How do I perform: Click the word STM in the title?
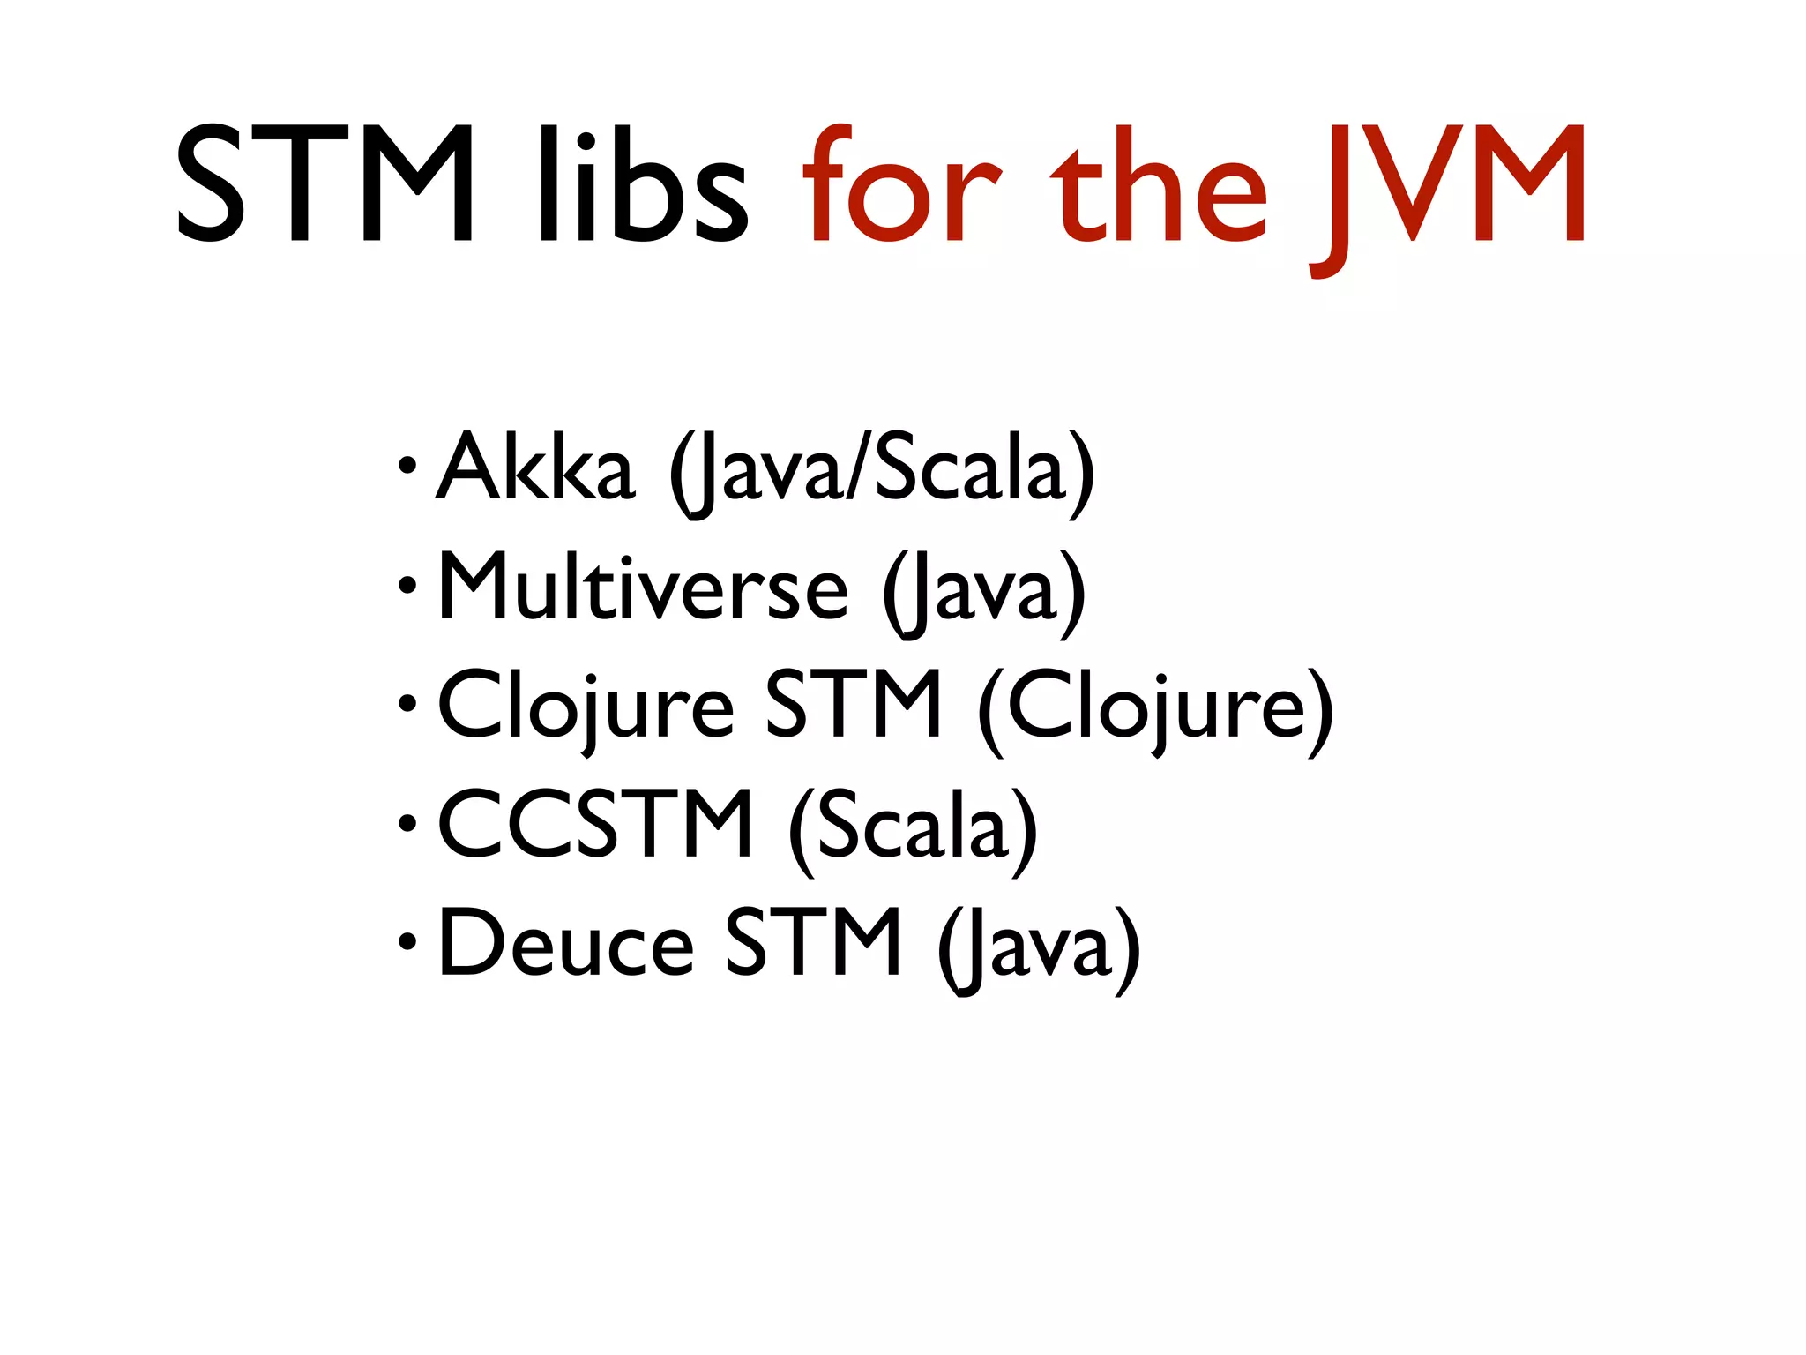click(325, 183)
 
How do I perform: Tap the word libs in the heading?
click(642, 183)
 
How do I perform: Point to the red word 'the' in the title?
click(1158, 183)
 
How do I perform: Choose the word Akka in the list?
click(535, 468)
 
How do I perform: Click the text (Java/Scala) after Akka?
click(881, 472)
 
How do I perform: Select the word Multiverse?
click(643, 587)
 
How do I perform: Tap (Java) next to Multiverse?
click(984, 591)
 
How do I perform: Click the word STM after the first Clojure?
click(853, 706)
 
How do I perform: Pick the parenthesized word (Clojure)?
click(1155, 710)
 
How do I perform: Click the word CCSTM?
click(595, 825)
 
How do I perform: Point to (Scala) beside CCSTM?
click(913, 829)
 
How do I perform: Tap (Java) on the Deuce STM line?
click(1039, 948)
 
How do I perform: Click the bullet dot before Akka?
click(407, 465)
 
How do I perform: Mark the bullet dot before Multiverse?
click(407, 584)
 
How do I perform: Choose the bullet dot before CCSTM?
click(407, 824)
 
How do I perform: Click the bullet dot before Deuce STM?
click(407, 942)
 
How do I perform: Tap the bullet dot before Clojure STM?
click(407, 703)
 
